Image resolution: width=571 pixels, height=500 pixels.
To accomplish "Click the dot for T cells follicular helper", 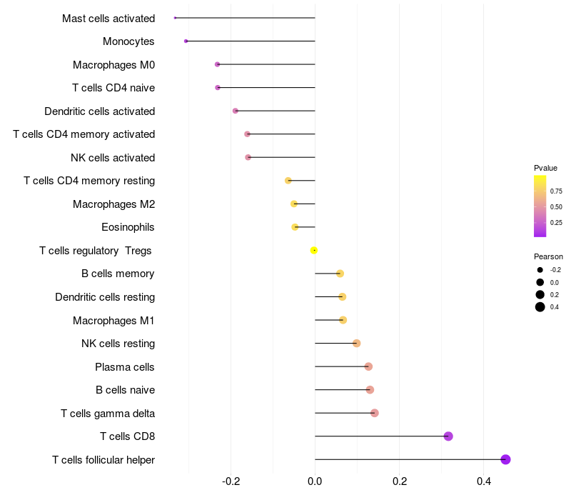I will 505,459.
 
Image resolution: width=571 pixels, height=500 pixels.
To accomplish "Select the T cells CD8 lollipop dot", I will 448,436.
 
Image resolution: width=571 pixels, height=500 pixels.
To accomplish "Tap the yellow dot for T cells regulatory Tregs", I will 314,250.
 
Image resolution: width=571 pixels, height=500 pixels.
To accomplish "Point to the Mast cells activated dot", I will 175,18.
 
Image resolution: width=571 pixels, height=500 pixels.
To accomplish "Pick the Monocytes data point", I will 186,41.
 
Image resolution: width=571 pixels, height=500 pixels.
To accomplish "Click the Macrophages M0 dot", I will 217,64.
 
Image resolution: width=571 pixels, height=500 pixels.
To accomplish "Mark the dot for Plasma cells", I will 368,366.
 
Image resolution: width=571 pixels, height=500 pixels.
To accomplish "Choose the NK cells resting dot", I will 357,344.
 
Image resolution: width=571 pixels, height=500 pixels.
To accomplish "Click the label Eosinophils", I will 128,227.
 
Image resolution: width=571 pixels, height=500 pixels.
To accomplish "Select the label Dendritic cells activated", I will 99,111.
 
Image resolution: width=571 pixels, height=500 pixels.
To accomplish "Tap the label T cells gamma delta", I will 108,414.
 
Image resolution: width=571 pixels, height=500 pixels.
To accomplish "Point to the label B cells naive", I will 125,390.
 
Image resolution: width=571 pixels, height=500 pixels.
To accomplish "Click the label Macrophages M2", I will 113,204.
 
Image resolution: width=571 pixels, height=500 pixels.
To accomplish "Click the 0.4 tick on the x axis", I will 483,481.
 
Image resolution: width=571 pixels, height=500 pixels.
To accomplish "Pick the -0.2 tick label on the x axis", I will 231,481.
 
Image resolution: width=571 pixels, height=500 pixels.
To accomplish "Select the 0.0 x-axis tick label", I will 315,481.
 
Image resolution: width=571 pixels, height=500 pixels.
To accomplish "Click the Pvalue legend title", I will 545,168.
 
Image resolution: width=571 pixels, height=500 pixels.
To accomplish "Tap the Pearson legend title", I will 548,256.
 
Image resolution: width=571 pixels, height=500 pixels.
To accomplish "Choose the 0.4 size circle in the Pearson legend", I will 540,307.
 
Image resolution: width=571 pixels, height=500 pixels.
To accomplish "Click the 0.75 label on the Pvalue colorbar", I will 556,191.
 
